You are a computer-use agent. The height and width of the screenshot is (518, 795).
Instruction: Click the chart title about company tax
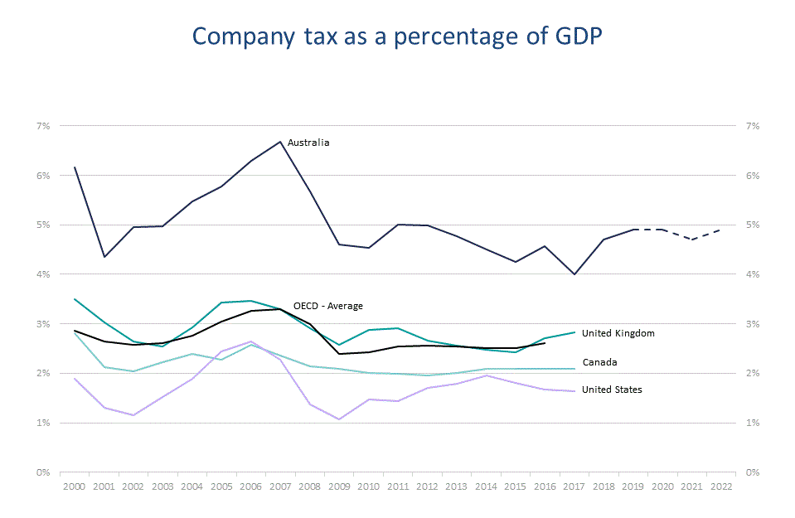(x=396, y=37)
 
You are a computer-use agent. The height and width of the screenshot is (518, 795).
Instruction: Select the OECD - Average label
(x=328, y=306)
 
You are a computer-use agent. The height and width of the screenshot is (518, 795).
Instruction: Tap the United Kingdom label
(x=618, y=333)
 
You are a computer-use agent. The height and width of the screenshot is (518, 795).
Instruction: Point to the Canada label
(x=599, y=362)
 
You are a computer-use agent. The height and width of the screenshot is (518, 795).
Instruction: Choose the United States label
(x=612, y=390)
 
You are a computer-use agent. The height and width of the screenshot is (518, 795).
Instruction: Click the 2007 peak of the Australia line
(x=281, y=141)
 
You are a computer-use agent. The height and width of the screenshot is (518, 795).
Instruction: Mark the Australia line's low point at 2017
(x=574, y=274)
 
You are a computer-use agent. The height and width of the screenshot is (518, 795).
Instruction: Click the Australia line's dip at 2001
(x=104, y=257)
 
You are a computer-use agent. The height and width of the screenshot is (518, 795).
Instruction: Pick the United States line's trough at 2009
(x=339, y=419)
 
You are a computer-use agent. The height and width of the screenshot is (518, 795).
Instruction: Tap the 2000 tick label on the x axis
(x=74, y=487)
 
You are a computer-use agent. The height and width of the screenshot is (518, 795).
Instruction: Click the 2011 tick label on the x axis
(x=398, y=487)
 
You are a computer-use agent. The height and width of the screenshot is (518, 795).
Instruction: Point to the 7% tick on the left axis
(x=43, y=126)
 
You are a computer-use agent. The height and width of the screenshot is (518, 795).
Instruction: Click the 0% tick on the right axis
(x=753, y=472)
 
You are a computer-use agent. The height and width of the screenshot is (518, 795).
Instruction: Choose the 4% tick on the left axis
(x=43, y=274)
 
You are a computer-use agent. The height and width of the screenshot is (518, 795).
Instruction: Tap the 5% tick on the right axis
(x=753, y=225)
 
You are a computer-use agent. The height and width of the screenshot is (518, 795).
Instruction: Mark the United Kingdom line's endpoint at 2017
(x=574, y=332)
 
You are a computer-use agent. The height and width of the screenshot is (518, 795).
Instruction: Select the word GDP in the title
(x=572, y=37)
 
